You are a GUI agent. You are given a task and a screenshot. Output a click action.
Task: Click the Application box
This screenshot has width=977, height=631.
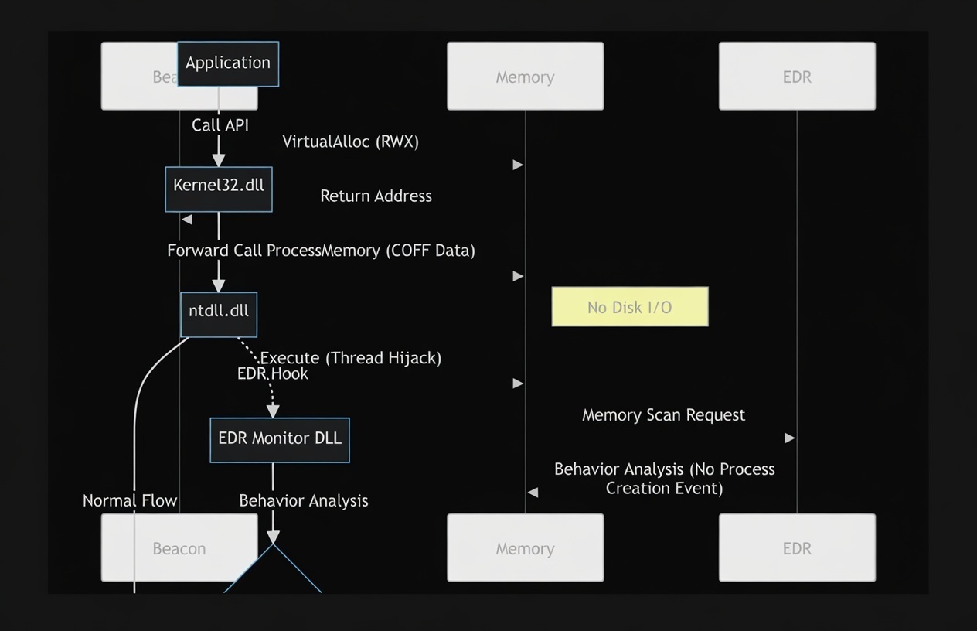228,63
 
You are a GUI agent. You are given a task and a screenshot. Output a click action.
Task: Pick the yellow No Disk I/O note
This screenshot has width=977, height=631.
630,307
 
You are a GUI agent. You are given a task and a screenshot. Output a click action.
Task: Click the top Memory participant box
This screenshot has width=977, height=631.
526,76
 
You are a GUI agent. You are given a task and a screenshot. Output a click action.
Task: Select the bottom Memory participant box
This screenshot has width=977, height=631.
526,547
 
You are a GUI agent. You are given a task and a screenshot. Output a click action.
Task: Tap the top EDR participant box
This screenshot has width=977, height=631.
797,76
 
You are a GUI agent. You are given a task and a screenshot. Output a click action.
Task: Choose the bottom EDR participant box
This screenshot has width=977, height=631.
797,547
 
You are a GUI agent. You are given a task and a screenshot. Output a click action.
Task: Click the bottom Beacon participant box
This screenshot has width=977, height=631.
179,547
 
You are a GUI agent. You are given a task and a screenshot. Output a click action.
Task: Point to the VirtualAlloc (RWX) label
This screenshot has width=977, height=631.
350,142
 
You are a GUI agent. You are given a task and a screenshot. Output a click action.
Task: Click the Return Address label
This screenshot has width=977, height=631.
376,196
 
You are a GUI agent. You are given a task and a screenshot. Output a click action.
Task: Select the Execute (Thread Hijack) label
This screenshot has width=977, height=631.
351,358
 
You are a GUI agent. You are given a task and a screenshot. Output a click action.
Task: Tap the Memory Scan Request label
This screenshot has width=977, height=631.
663,415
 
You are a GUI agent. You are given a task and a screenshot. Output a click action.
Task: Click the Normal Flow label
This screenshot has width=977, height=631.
130,501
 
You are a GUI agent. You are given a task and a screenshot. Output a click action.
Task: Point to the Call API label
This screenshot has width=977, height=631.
220,125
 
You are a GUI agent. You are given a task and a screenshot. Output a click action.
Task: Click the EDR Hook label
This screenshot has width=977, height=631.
273,374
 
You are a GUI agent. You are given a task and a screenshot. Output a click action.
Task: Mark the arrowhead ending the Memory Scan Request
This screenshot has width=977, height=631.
790,438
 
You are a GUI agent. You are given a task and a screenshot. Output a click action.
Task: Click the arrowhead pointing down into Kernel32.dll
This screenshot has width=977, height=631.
219,160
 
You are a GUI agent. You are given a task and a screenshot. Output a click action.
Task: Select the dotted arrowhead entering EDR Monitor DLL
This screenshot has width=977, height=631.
273,411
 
